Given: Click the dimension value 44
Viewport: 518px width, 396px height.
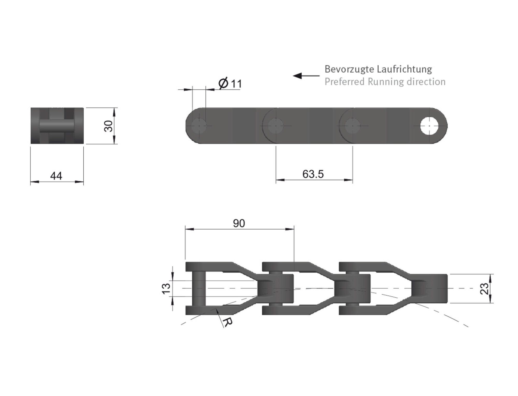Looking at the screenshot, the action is point(56,176).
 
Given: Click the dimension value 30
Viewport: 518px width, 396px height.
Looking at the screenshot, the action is point(109,126).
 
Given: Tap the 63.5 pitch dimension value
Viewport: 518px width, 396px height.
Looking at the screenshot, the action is point(313,174).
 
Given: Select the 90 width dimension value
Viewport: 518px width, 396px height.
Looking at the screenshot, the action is point(239,223).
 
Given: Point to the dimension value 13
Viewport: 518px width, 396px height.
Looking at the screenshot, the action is point(166,288).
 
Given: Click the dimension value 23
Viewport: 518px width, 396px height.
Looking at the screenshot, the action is point(484,288).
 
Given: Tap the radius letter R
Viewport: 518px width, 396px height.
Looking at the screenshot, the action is point(228,322).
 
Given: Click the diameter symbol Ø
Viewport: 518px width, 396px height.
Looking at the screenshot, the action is point(223,83).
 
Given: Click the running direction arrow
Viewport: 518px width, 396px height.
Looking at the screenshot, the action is point(306,76).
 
